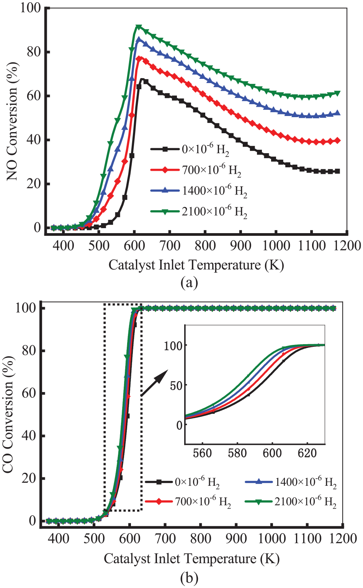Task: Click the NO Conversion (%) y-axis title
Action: click(12, 121)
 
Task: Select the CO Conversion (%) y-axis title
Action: click(8, 415)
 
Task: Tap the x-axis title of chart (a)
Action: click(196, 265)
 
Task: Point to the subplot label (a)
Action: click(189, 283)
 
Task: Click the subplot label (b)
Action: click(189, 578)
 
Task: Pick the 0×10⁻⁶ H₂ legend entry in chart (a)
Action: click(190, 150)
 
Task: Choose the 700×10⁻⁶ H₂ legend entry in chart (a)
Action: click(196, 170)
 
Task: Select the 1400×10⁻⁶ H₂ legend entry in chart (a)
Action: click(199, 191)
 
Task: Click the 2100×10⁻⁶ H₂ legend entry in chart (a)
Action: click(199, 212)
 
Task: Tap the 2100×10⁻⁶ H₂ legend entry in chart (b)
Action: click(291, 502)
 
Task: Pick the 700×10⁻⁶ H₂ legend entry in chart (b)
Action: click(188, 502)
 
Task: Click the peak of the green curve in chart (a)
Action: click(139, 26)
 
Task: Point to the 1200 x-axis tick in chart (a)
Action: click(347, 246)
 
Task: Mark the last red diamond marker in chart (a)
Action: click(338, 141)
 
